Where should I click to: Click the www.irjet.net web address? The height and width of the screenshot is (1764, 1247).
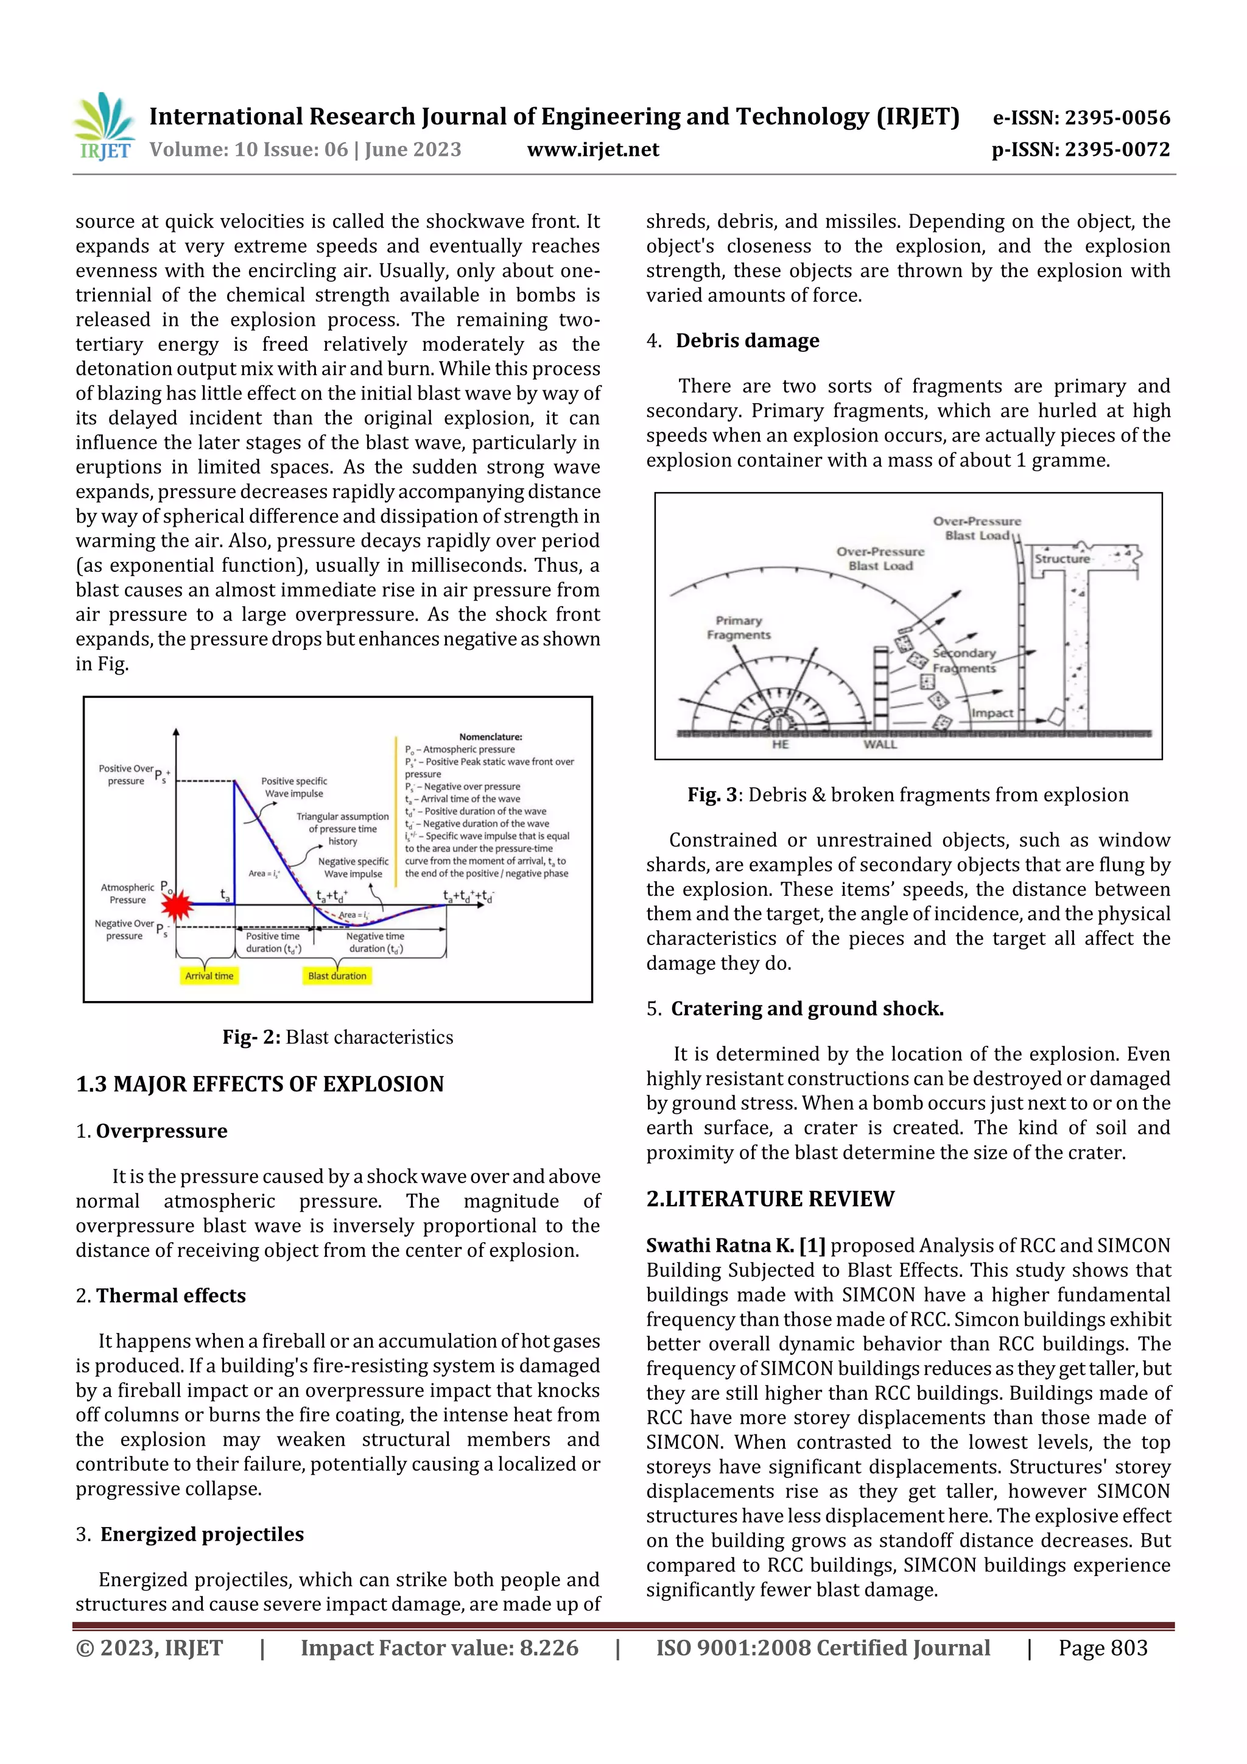(592, 150)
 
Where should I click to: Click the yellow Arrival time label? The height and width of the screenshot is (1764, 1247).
(209, 975)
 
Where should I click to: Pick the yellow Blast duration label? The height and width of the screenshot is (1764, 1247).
(337, 975)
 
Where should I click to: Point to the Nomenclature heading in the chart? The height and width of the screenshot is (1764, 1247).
(490, 736)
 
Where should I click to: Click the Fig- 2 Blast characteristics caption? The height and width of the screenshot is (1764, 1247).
(337, 1037)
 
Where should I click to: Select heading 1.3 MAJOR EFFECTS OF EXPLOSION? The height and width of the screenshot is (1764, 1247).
(260, 1084)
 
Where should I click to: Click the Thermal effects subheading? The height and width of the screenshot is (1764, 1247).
(170, 1295)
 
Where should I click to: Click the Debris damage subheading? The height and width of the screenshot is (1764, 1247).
(747, 340)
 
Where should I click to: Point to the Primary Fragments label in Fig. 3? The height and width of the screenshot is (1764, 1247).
(739, 627)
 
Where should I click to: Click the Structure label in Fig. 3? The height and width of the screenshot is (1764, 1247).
(1061, 558)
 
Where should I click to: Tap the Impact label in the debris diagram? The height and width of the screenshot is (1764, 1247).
(992, 713)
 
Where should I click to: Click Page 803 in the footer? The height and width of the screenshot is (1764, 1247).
(1103, 1647)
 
